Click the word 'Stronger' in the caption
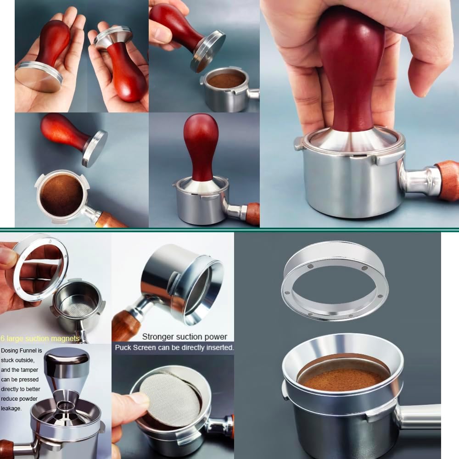(x=158, y=336)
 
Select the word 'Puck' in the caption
(x=123, y=347)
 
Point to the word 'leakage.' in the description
(x=11, y=408)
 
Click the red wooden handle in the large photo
(x=351, y=69)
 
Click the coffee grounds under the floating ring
(x=342, y=379)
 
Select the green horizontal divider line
(x=229, y=229)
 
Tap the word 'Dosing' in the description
(x=10, y=350)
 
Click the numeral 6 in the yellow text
(x=3, y=339)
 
